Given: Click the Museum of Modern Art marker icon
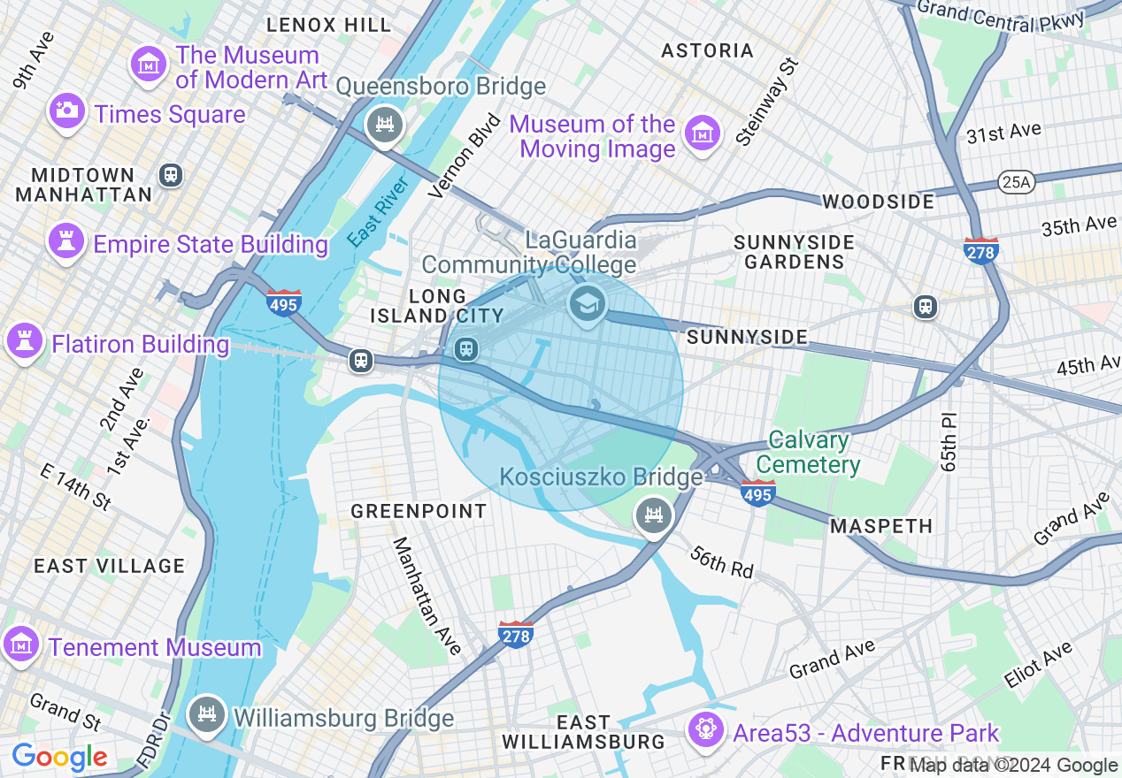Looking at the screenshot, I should coord(149,64).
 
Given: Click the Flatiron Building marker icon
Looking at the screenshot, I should coord(25,340).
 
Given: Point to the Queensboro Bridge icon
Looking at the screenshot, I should coord(385,125).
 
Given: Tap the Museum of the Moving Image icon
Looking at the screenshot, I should coord(703,134).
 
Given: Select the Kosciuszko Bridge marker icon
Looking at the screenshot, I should coord(654,515).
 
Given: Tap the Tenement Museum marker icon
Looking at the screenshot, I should coord(21,645).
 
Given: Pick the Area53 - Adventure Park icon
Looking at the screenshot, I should coord(706,729).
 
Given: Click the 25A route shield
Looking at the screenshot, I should coord(1014,182).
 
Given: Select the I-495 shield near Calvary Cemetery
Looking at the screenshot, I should coord(758,492).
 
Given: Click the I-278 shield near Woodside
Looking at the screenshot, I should coord(981,250).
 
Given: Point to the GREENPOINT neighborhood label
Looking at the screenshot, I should coord(419,511).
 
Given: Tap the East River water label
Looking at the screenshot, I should coord(378,212).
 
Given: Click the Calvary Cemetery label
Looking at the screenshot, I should coord(808,452).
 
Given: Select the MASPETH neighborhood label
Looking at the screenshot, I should coord(881,526).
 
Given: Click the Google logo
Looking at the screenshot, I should coord(59,757).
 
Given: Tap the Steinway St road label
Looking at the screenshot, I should coord(766,103).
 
